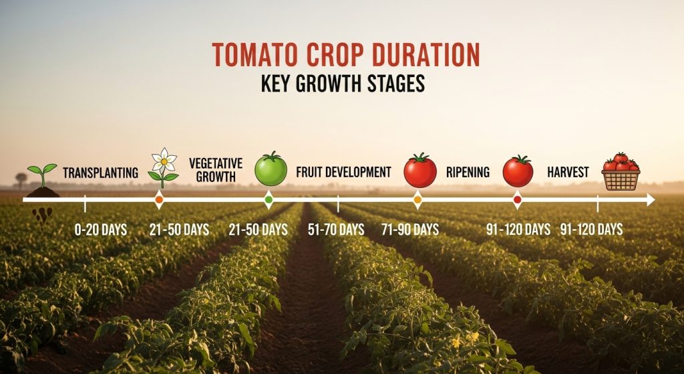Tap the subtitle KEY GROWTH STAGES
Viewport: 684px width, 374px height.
[x=342, y=85]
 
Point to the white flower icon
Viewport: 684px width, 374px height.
[x=164, y=166]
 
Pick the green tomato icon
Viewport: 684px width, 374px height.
[x=271, y=169]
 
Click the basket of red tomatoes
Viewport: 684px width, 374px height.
[x=621, y=172]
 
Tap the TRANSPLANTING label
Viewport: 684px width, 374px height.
[x=100, y=173]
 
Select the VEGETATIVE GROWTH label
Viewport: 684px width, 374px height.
[x=216, y=170]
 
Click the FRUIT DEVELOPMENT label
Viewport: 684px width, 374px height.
[x=343, y=172]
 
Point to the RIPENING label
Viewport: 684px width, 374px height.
[x=468, y=173]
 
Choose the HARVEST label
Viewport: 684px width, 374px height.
[x=568, y=173]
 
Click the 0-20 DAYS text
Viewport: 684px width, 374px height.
[x=101, y=229]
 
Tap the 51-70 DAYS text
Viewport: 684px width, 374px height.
[x=336, y=229]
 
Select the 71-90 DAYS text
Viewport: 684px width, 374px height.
[x=410, y=229]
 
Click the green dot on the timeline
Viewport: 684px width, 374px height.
[x=269, y=199]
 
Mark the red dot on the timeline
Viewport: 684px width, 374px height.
[x=517, y=199]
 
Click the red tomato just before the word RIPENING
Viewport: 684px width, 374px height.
[x=419, y=171]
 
